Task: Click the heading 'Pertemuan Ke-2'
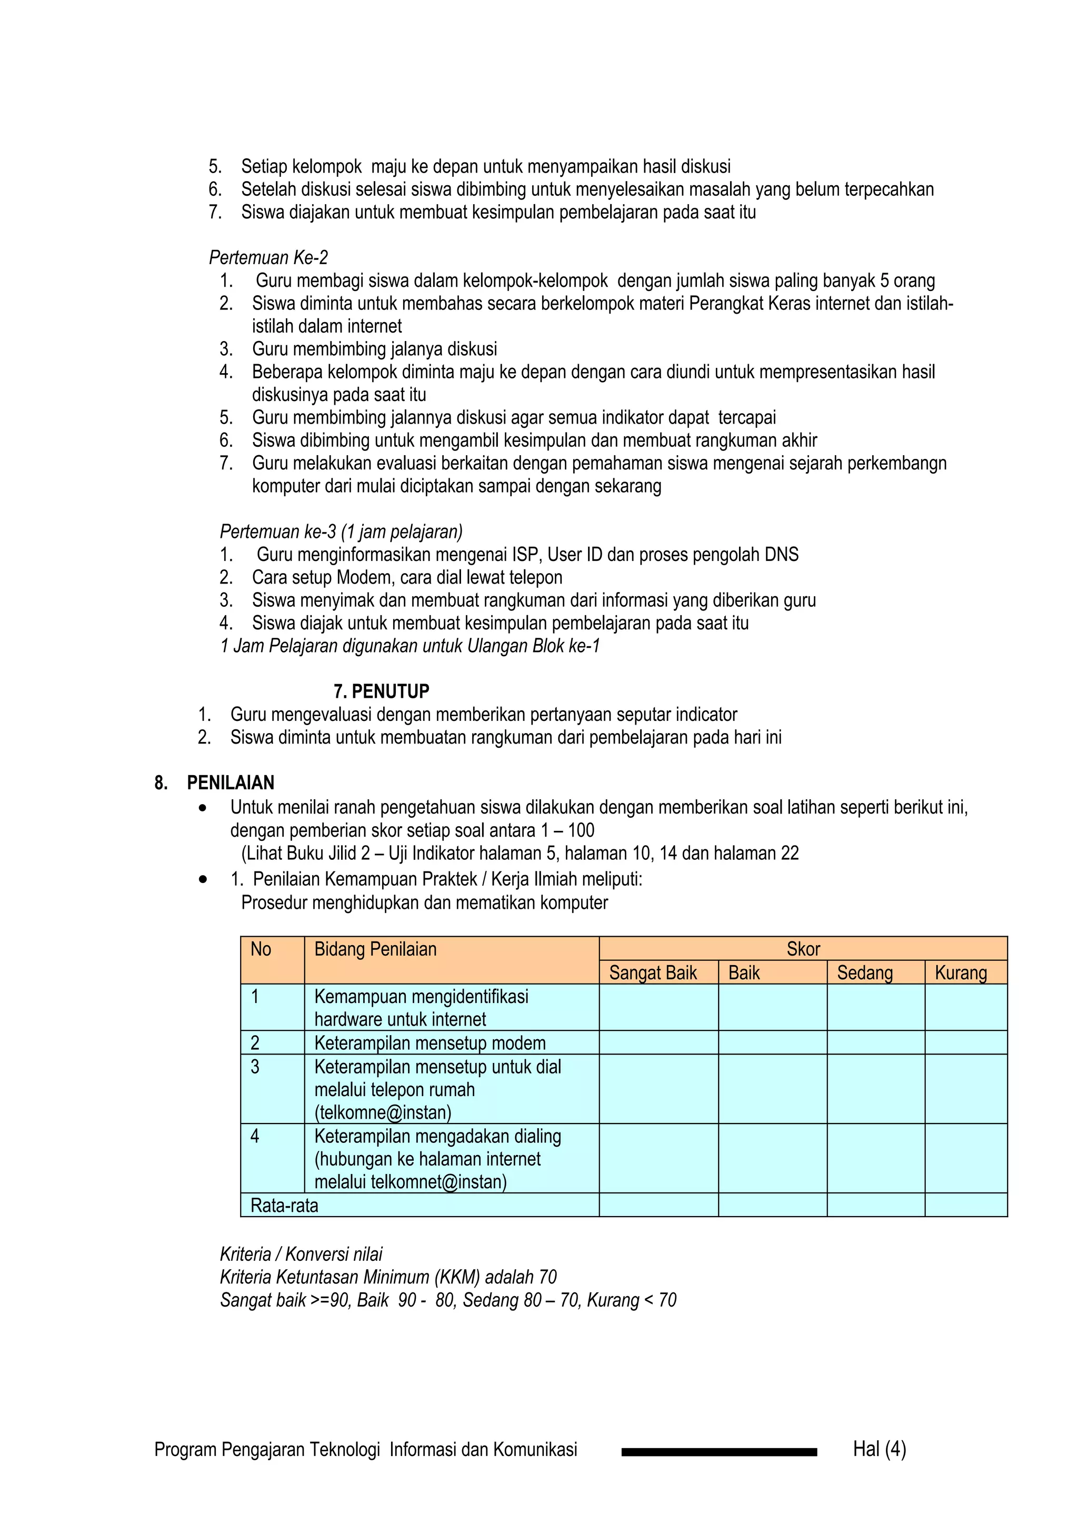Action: tap(268, 258)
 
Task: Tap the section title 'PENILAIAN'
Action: tap(231, 782)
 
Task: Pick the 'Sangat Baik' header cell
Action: tap(653, 972)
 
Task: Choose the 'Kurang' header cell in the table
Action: tap(961, 972)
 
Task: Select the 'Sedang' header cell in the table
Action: tap(864, 972)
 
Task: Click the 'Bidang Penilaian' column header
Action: tap(375, 949)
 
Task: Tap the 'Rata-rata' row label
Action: tap(284, 1205)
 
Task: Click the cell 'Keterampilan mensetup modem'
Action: tap(430, 1043)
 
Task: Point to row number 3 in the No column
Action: tap(255, 1067)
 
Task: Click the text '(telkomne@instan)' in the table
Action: tap(383, 1112)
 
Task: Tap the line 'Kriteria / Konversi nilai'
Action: tap(301, 1254)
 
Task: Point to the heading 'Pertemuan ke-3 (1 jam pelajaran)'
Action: tap(341, 531)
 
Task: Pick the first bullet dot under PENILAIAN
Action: tap(203, 808)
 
